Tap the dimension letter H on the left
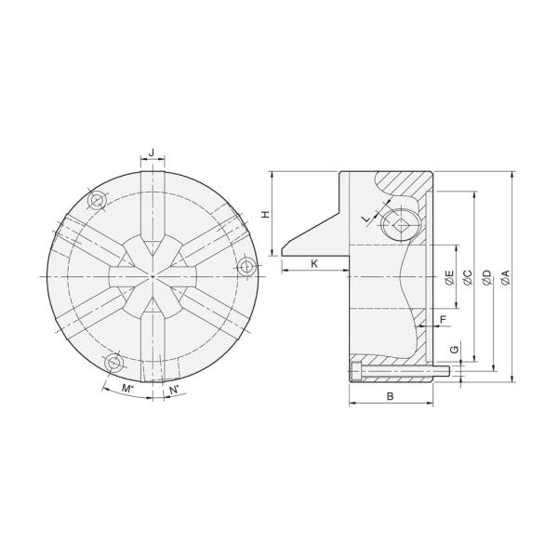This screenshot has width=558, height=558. (x=265, y=214)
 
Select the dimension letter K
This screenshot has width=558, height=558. (x=314, y=264)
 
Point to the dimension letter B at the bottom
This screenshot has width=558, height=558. (x=391, y=396)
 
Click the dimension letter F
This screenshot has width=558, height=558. (x=443, y=319)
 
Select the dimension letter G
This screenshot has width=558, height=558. (x=452, y=350)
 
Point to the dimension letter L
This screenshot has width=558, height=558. (x=366, y=218)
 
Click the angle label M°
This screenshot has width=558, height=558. (x=127, y=388)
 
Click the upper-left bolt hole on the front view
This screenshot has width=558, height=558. (x=95, y=200)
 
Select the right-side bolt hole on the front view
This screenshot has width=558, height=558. (x=246, y=268)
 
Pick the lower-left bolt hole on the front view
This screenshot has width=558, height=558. (x=113, y=360)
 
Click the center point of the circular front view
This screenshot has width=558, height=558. (x=152, y=277)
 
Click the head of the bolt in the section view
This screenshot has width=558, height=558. (x=358, y=372)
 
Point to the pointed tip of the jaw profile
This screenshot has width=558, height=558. (x=282, y=251)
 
